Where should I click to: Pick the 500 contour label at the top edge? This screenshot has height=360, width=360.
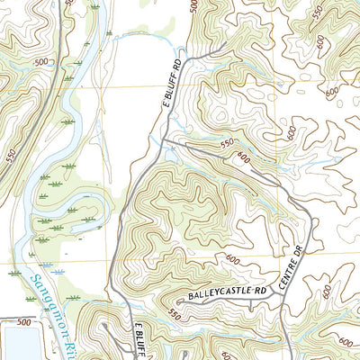tap(193, 6)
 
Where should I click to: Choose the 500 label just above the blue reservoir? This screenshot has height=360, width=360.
tap(22, 321)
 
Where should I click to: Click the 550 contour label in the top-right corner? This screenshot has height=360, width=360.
tap(316, 12)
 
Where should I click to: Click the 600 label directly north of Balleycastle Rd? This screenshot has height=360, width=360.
tap(233, 260)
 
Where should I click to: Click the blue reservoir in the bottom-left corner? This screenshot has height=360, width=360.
tap(16, 344)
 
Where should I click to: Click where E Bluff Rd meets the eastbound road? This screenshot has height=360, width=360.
tap(168, 139)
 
